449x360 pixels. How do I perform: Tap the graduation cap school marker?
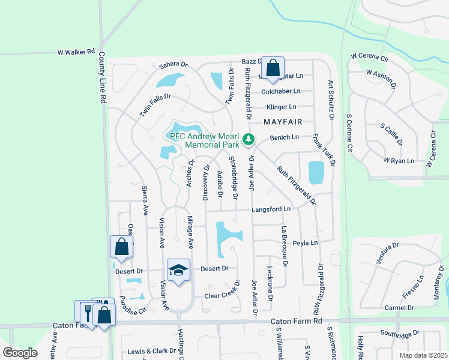coord(178,271)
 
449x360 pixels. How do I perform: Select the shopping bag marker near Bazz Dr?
coord(273,68)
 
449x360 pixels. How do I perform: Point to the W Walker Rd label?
coord(76,52)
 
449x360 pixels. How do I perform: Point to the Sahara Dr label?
coord(173,65)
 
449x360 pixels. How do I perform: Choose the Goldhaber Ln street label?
coord(280,91)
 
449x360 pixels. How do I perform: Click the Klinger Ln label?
coord(282,107)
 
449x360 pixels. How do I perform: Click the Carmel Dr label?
coord(399,308)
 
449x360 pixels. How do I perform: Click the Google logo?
coord(20,353)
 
